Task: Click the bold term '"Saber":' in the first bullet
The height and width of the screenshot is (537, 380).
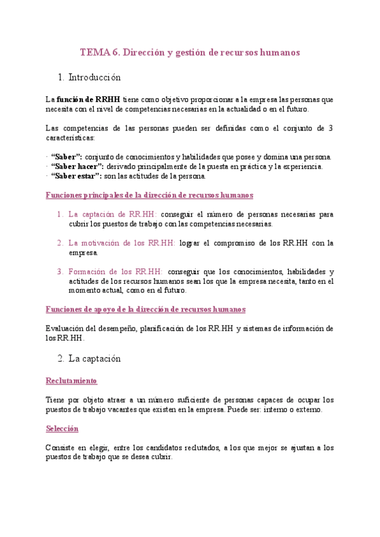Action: pyautogui.click(x=66, y=157)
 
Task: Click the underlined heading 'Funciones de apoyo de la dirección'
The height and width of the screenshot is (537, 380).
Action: pyautogui.click(x=146, y=309)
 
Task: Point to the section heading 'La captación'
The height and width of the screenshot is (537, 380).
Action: pyautogui.click(x=94, y=358)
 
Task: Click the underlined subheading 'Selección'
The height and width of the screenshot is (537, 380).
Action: pyautogui.click(x=62, y=428)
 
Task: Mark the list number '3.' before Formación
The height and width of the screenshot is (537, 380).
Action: pyautogui.click(x=60, y=271)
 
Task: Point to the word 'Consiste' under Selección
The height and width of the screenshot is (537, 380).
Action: pyautogui.click(x=61, y=448)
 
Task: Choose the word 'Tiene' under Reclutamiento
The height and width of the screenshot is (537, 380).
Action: pyautogui.click(x=56, y=400)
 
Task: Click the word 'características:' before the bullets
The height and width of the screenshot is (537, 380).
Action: pyautogui.click(x=70, y=137)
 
